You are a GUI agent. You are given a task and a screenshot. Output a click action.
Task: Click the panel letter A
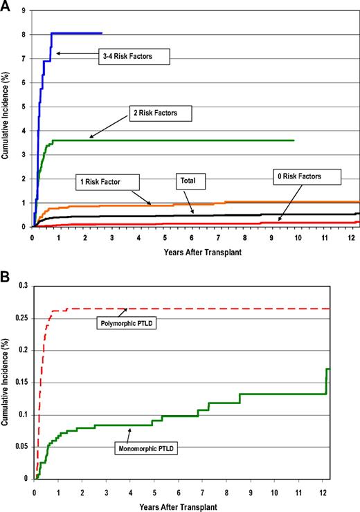[6, 6]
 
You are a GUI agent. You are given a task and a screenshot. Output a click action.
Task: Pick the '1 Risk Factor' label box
[107, 182]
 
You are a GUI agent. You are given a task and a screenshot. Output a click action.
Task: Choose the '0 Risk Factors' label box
[306, 177]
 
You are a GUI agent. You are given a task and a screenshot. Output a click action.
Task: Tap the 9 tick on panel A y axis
[24, 10]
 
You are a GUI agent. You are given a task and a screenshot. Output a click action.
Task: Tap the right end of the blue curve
[102, 33]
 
